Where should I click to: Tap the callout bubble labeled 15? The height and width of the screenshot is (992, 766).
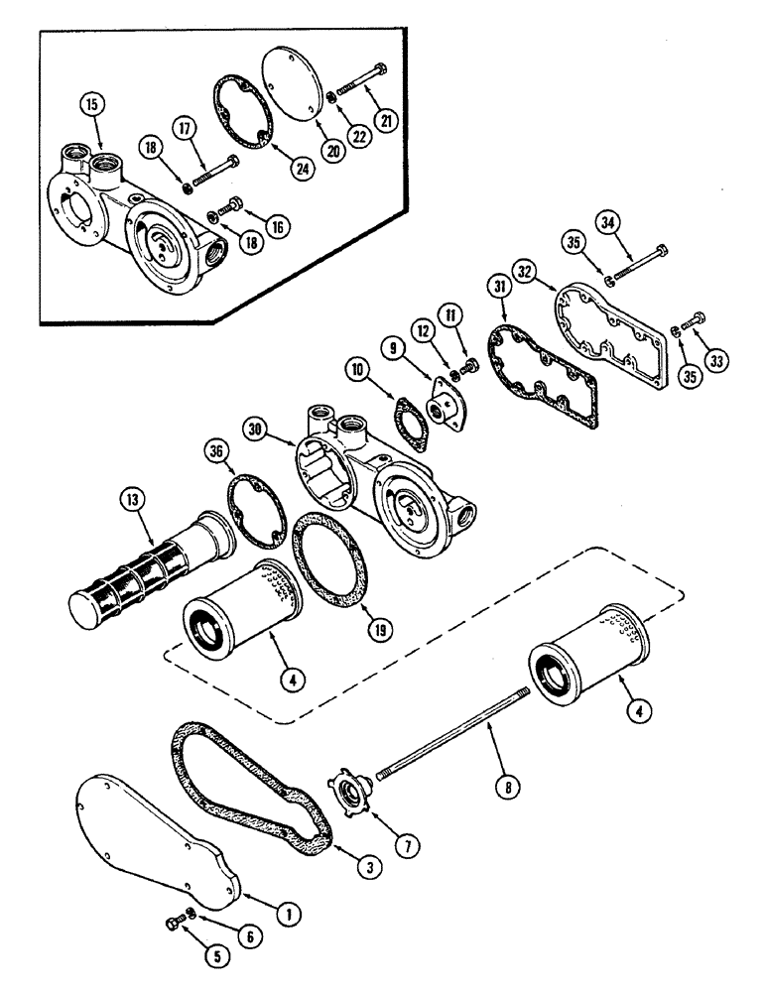click(x=90, y=105)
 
